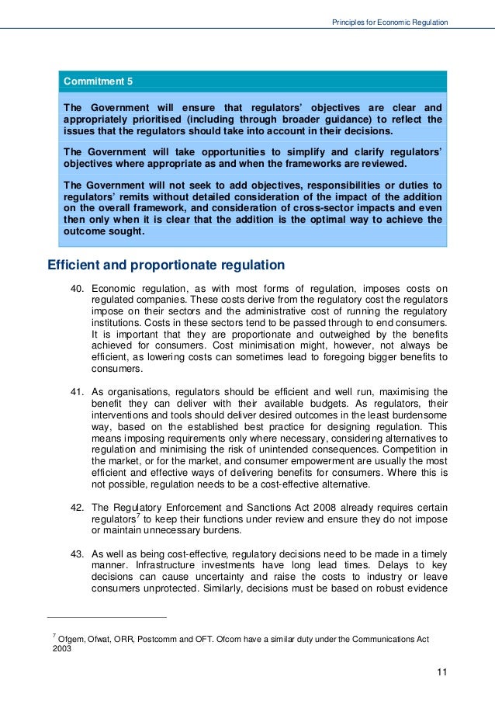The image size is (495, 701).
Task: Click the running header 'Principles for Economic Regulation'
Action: coord(389,23)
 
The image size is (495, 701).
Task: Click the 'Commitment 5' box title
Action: coord(98,81)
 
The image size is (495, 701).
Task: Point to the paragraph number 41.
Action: coord(77,392)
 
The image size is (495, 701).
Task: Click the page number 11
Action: coord(441,672)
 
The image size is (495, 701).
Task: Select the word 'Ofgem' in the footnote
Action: coord(71,638)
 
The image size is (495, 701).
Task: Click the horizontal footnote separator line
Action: coord(107,618)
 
